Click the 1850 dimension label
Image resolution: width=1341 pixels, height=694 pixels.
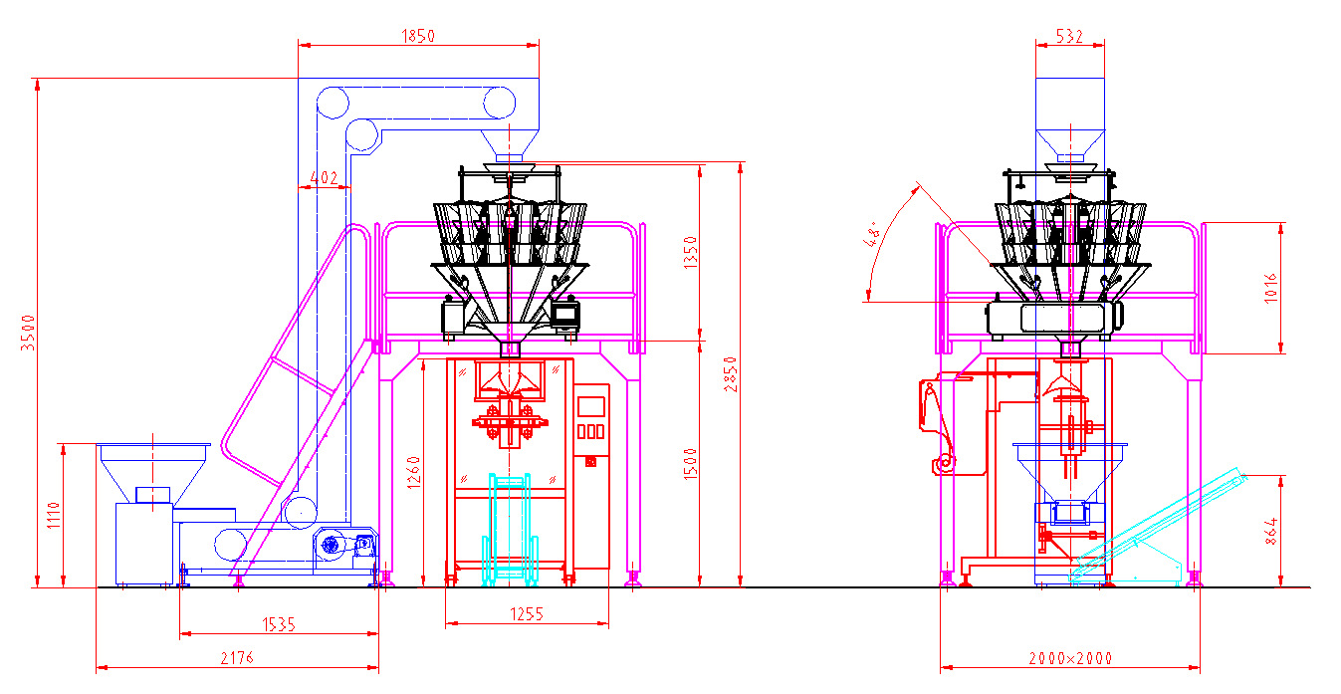click(418, 36)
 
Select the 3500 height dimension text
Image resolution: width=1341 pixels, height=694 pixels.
click(28, 333)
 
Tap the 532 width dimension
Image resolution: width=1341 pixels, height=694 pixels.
click(1069, 37)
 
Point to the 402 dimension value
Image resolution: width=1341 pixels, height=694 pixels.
click(324, 177)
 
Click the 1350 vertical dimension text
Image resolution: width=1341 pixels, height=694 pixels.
click(691, 252)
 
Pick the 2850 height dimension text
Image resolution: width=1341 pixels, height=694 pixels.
click(731, 374)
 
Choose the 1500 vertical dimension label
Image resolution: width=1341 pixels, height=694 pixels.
click(691, 464)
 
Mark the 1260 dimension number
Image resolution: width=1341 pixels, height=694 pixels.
click(414, 473)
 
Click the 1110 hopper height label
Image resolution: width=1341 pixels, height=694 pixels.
click(55, 516)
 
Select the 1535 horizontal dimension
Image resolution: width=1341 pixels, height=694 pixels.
click(279, 624)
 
